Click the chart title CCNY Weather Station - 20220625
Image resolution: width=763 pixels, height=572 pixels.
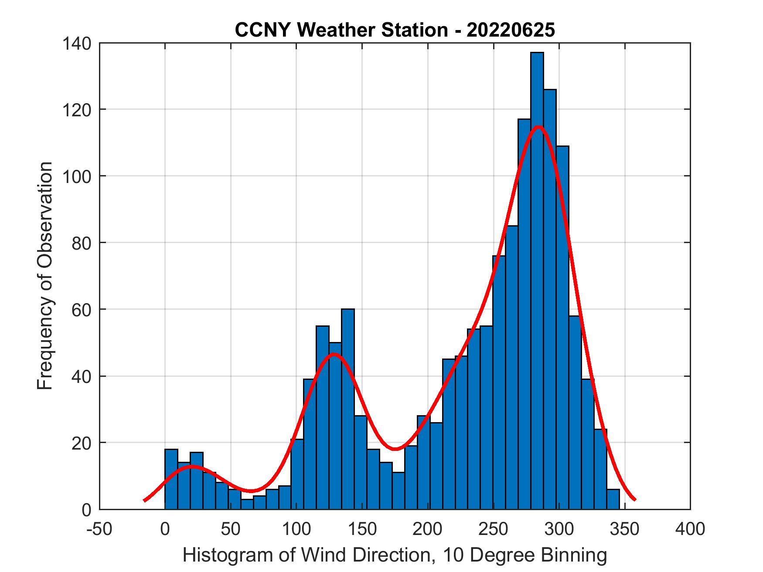point(395,30)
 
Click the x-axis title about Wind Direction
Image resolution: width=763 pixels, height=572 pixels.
point(395,555)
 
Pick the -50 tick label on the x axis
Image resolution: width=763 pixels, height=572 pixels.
point(100,529)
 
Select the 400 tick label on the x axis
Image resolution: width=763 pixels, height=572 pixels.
point(690,529)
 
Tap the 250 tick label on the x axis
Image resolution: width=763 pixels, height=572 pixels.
point(493,529)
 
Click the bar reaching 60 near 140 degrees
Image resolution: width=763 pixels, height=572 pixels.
point(348,410)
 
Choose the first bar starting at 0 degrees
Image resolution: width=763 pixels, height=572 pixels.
point(171,479)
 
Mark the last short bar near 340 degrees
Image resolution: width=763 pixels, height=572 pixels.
point(613,499)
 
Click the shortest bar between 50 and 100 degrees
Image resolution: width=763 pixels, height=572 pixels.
point(247,504)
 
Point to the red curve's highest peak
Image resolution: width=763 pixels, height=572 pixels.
point(538,127)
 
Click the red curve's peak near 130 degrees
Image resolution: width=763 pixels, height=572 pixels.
point(334,354)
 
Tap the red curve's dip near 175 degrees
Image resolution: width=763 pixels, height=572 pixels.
point(395,449)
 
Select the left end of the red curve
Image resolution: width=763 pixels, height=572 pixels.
point(145,500)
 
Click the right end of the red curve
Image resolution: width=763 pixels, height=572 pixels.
point(635,499)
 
